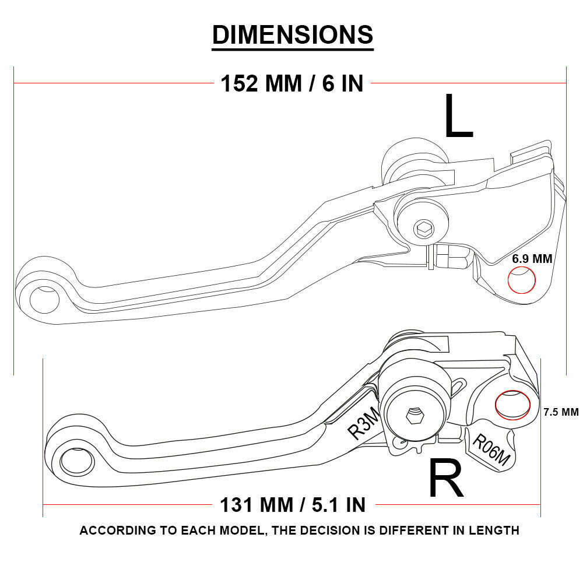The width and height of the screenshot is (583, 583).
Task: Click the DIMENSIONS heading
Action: click(x=292, y=35)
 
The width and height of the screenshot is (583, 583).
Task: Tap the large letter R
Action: click(x=446, y=479)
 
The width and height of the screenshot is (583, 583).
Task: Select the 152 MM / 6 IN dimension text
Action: click(x=292, y=84)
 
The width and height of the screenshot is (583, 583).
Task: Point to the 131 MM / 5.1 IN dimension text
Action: click(x=292, y=504)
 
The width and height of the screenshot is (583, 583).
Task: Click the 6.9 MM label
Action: click(x=532, y=259)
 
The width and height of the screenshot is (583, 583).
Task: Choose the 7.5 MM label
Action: click(x=561, y=412)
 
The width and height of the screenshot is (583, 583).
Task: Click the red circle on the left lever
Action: click(x=522, y=280)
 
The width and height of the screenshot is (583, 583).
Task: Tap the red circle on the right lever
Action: click(x=512, y=405)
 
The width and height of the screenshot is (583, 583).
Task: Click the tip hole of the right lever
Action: click(x=76, y=462)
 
